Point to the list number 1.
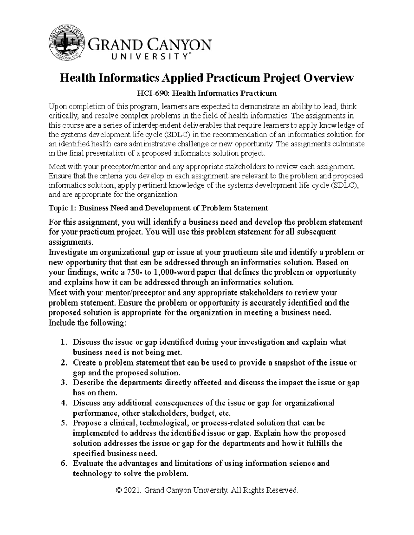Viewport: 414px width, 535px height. [63, 342]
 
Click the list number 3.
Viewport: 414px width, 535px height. [63, 383]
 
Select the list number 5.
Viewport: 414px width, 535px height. [63, 423]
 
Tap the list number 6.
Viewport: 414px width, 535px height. [63, 463]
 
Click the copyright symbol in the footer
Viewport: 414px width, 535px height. [120, 490]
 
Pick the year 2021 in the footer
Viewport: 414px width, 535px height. [133, 490]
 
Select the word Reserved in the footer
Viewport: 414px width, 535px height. [283, 490]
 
